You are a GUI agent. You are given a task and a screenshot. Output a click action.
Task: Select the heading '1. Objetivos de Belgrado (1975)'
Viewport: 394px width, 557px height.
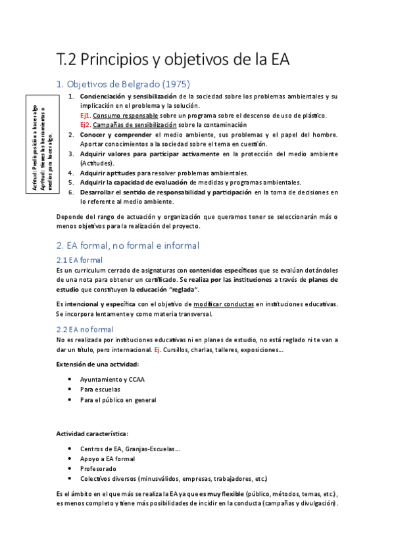coord(123,84)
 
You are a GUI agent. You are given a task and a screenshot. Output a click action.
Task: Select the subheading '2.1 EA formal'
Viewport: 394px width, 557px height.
coord(79,260)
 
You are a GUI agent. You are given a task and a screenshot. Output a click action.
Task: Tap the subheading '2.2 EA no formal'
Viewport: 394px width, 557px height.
coord(85,329)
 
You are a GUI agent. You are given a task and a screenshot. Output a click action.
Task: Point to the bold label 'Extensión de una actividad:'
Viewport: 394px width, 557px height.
coord(97,364)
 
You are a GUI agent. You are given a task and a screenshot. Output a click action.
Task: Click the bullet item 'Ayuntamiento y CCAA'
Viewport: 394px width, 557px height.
coord(112,380)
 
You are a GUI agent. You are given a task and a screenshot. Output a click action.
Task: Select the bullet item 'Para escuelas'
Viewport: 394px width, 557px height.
coord(101,390)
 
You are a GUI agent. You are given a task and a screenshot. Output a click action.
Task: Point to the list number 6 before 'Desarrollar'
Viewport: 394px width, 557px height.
coord(71,192)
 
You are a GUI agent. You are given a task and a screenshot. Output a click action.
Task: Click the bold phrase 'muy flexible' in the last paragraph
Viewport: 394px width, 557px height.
coord(224,493)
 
